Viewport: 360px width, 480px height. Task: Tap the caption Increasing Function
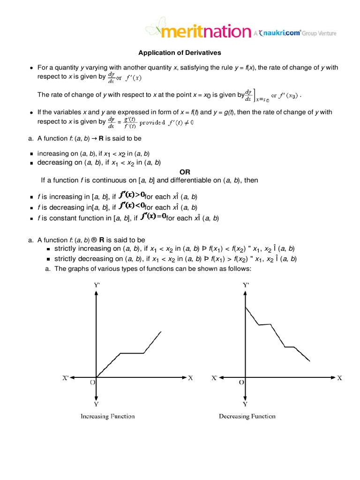[x=107, y=416]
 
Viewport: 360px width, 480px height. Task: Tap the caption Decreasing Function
[x=247, y=416]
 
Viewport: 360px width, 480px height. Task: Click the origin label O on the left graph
[x=92, y=382]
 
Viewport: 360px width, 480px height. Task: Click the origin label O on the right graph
[x=241, y=382]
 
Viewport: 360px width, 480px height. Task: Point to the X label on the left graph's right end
[x=191, y=378]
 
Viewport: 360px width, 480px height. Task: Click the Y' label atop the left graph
[x=96, y=285]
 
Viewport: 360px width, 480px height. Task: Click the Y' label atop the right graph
[x=246, y=285]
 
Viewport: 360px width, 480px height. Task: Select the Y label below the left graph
[x=96, y=404]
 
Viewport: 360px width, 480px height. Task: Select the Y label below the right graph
[x=245, y=404]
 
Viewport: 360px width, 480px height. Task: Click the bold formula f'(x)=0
[x=153, y=217]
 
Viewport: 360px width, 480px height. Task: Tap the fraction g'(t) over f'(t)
[x=128, y=122]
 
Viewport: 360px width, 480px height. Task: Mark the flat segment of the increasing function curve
[x=132, y=353]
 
